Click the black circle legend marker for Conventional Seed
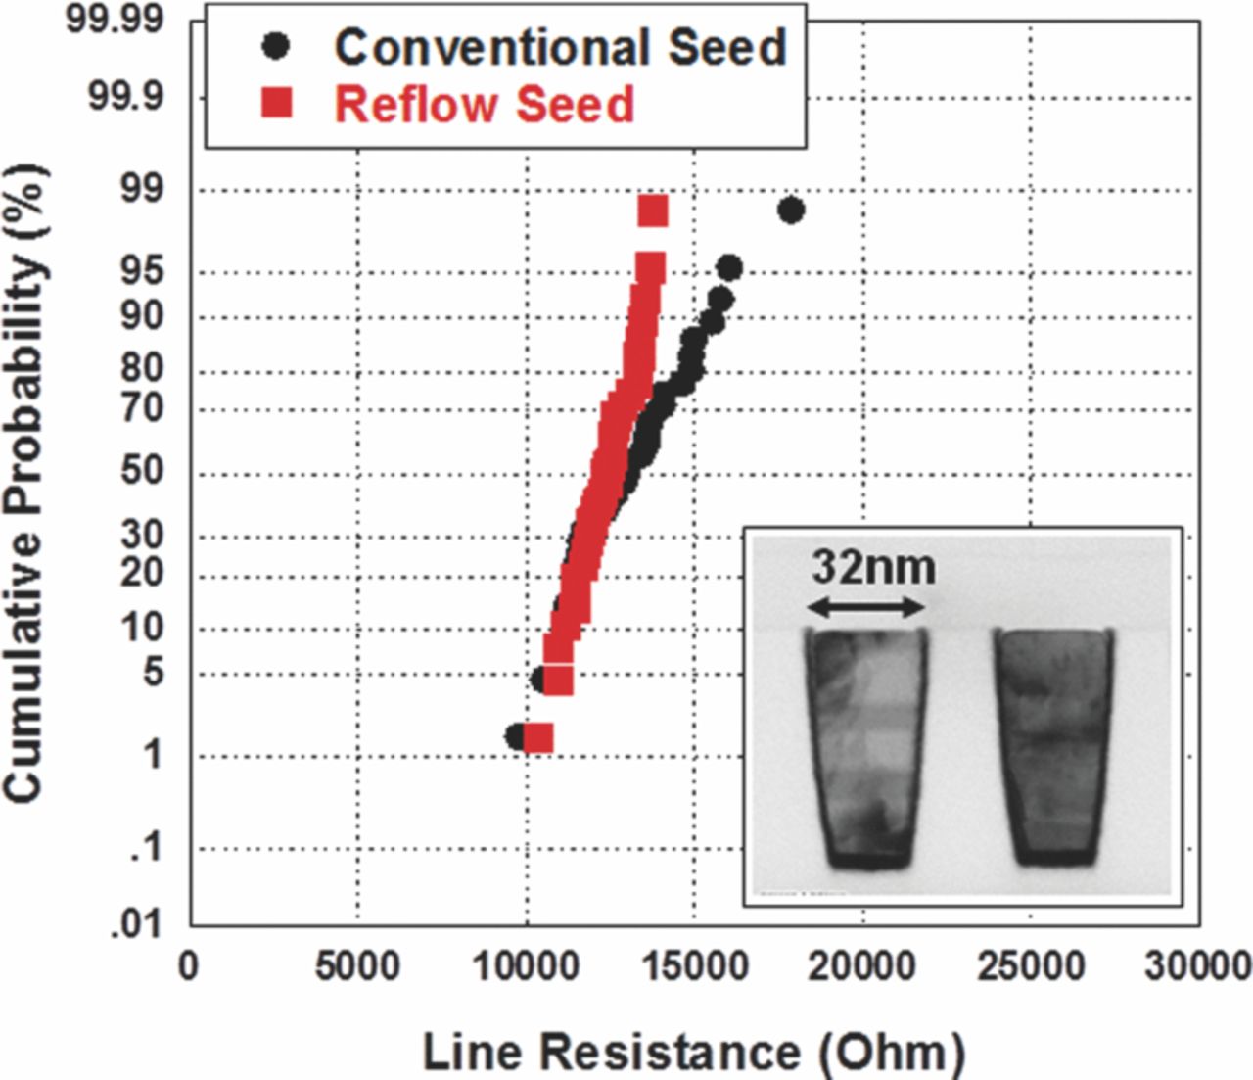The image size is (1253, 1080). (x=277, y=46)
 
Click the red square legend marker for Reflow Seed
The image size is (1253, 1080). (x=277, y=103)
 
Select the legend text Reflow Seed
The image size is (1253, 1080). (x=484, y=104)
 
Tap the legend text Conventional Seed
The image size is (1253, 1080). (x=560, y=46)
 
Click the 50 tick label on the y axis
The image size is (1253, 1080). (x=143, y=471)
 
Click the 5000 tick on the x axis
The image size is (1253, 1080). (x=358, y=966)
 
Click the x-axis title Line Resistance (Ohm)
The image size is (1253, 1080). (x=693, y=1052)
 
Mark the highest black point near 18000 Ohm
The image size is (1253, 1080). (x=791, y=210)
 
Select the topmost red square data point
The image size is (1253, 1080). (x=652, y=211)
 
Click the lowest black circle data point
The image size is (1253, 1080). (x=516, y=736)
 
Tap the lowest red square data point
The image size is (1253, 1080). (x=538, y=737)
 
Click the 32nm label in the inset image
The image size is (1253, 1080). (x=873, y=566)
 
